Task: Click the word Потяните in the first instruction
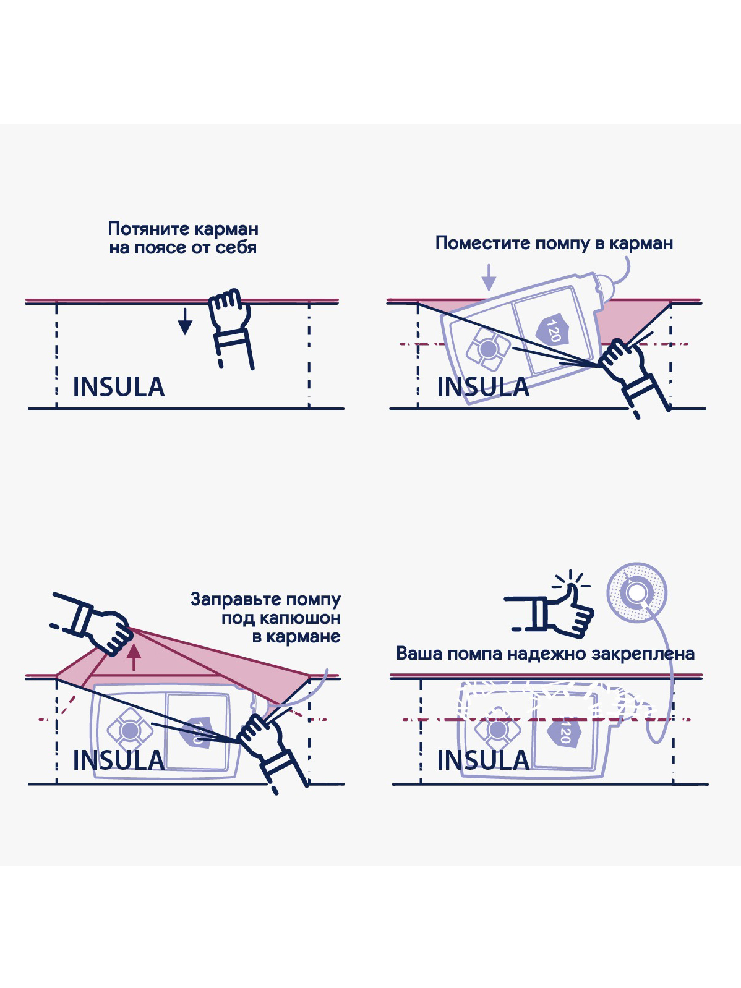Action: click(144, 229)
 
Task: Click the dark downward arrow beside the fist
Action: click(185, 322)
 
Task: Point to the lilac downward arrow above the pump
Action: click(489, 278)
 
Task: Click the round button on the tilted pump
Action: click(488, 349)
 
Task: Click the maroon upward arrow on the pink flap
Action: click(133, 658)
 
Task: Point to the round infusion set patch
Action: click(636, 593)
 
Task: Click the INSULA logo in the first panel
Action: click(119, 387)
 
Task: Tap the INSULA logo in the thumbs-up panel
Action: click(484, 760)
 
